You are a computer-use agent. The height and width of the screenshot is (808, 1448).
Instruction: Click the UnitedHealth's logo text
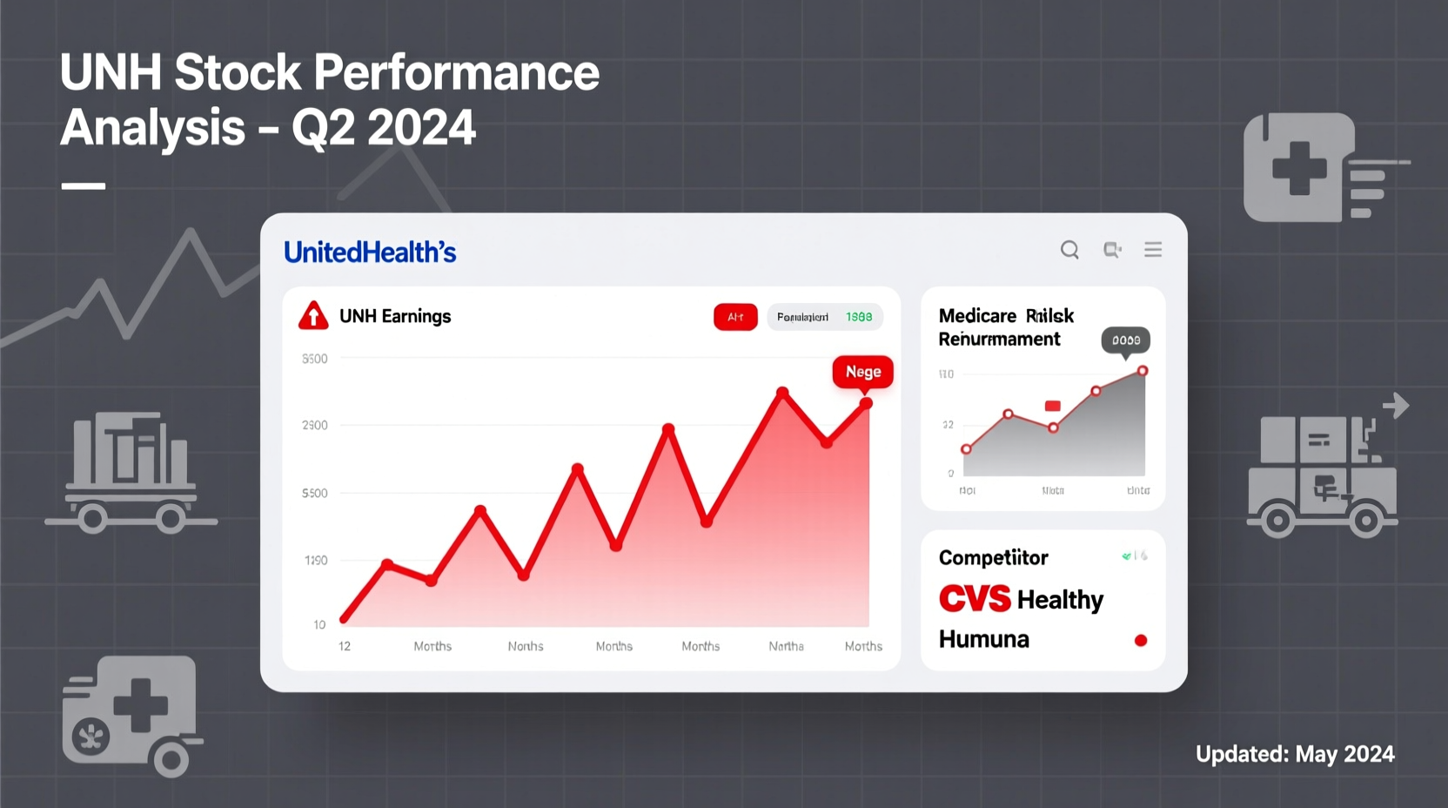click(x=370, y=252)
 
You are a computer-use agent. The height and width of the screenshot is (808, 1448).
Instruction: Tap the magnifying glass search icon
click(x=1069, y=250)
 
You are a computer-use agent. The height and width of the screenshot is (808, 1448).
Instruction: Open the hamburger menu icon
click(x=1153, y=250)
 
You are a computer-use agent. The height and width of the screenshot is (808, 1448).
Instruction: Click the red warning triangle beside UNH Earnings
click(x=313, y=316)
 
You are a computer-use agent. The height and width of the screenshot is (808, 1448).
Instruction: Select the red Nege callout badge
click(x=862, y=372)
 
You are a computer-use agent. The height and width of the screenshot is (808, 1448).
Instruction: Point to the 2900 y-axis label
click(x=315, y=425)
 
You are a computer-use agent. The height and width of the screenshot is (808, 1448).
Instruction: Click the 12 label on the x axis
click(x=345, y=646)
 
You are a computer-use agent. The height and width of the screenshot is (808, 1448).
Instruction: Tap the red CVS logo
click(x=975, y=599)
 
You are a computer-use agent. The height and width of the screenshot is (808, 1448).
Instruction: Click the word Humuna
click(x=983, y=639)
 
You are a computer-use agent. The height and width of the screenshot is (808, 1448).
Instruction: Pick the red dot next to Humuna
click(x=1141, y=641)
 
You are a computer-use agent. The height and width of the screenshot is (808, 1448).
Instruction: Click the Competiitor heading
click(x=993, y=557)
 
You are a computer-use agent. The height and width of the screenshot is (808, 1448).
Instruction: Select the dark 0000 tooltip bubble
click(x=1126, y=340)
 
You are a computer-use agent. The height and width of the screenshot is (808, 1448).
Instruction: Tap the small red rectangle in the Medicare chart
click(x=1053, y=406)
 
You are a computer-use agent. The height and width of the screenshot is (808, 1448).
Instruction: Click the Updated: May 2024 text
click(x=1295, y=754)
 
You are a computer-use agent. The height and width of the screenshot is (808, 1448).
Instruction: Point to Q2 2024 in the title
click(x=384, y=128)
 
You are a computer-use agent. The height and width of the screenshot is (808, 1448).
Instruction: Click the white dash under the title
click(x=84, y=185)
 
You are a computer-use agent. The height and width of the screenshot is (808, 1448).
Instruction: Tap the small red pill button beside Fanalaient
click(x=735, y=317)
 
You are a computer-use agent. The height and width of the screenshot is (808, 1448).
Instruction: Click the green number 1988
click(x=859, y=317)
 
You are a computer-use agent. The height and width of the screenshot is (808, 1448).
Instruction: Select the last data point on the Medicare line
click(x=1143, y=371)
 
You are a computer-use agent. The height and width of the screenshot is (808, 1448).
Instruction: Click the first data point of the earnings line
click(x=345, y=619)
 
